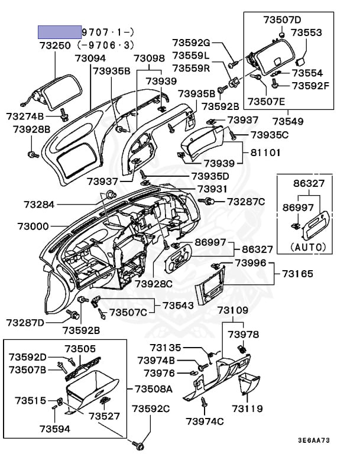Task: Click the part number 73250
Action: click(56, 46)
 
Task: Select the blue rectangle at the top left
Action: click(60, 32)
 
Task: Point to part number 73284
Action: click(39, 205)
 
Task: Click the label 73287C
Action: click(246, 202)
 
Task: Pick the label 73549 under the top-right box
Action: click(287, 122)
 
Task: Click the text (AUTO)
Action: click(310, 247)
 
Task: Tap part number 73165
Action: click(297, 274)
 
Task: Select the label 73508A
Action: click(153, 388)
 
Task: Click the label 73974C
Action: click(205, 421)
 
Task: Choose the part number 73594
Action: click(55, 429)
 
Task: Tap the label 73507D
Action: click(282, 20)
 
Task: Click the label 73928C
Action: click(153, 284)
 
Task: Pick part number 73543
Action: click(179, 306)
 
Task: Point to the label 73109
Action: click(232, 310)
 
